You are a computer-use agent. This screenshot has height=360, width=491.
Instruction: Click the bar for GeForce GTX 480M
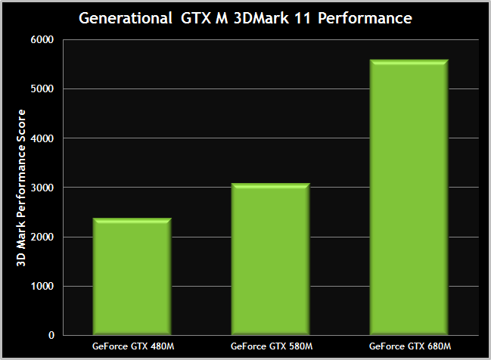[x=132, y=276]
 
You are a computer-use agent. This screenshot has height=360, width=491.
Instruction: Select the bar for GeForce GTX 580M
[x=270, y=259]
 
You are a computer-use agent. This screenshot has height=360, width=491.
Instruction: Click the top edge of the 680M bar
[x=409, y=61]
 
